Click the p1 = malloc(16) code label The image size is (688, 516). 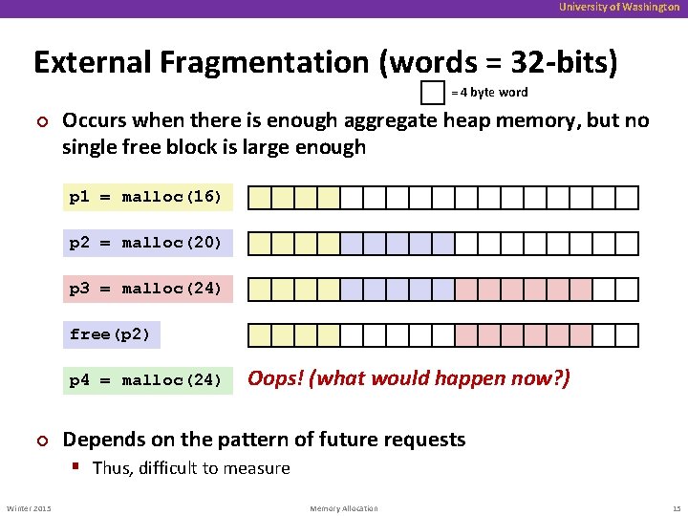pyautogui.click(x=146, y=198)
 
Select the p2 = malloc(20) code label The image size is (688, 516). pyautogui.click(x=146, y=243)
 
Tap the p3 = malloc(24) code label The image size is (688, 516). pyautogui.click(x=146, y=289)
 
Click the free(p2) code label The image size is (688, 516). pyautogui.click(x=111, y=334)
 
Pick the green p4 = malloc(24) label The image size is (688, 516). pyautogui.click(x=146, y=380)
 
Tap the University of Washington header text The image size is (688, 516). pyautogui.click(x=620, y=8)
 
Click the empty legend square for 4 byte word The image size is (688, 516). pyautogui.click(x=433, y=93)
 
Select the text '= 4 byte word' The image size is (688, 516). pyautogui.click(x=489, y=93)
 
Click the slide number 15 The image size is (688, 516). pyautogui.click(x=675, y=508)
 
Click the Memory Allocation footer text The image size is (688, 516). pyautogui.click(x=344, y=508)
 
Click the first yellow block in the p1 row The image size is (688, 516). pyautogui.click(x=260, y=198)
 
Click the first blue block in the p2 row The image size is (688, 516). pyautogui.click(x=352, y=244)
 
